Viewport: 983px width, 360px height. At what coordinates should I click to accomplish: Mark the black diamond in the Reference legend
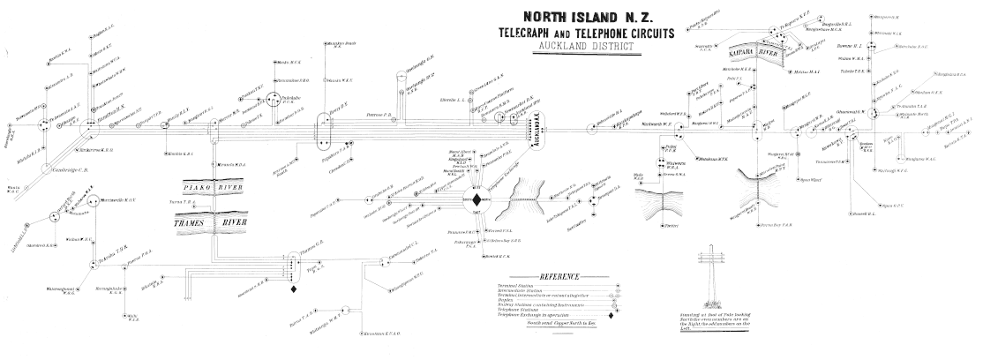coord(610,315)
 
